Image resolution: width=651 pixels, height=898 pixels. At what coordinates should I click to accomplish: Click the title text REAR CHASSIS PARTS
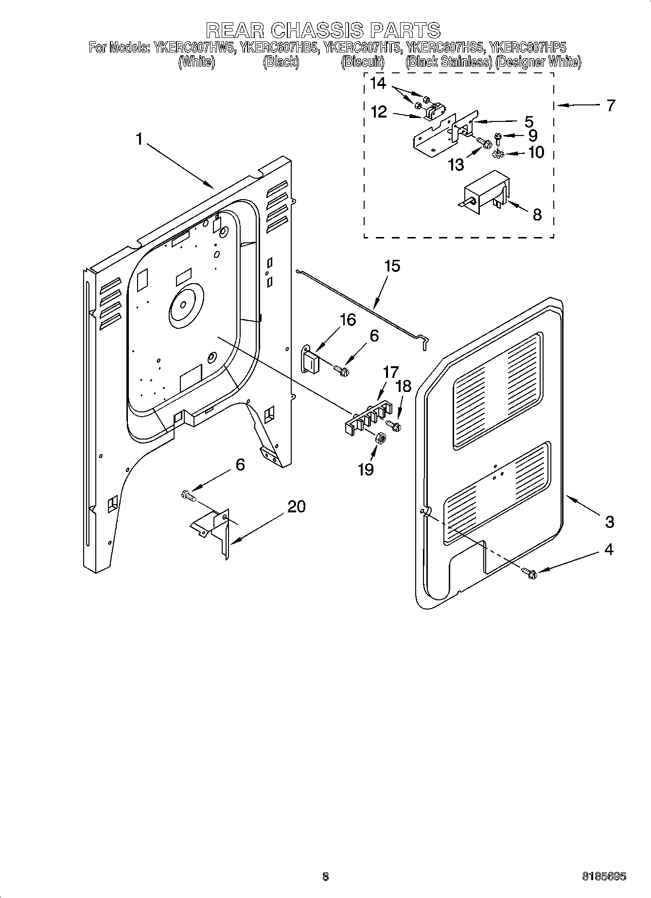click(x=324, y=30)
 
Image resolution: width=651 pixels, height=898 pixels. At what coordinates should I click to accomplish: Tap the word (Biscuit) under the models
click(x=363, y=62)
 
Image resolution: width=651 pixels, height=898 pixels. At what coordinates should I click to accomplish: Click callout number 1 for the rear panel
click(x=140, y=140)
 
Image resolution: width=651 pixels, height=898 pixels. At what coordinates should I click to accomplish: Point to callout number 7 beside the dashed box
click(x=611, y=105)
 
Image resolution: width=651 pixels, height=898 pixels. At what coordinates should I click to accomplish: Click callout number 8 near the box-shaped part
click(x=537, y=214)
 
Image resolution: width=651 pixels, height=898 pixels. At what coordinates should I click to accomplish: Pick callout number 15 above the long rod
click(x=392, y=266)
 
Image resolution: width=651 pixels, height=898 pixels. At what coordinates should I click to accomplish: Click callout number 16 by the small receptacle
click(x=348, y=320)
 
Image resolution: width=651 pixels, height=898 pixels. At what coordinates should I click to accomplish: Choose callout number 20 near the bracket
click(x=297, y=507)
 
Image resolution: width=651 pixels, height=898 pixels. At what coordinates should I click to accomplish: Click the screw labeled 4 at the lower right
click(x=529, y=574)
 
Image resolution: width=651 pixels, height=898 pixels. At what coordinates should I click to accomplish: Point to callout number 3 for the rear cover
click(x=610, y=522)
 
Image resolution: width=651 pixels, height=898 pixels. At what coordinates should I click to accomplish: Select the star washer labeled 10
click(x=497, y=154)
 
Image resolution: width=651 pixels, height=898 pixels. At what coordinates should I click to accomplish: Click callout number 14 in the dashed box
click(x=378, y=84)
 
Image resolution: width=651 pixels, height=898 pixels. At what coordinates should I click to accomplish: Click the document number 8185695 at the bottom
click(x=604, y=877)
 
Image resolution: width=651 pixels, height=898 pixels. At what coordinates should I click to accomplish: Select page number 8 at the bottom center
click(x=325, y=877)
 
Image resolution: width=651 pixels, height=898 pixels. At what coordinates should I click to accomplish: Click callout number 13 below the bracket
click(x=456, y=165)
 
